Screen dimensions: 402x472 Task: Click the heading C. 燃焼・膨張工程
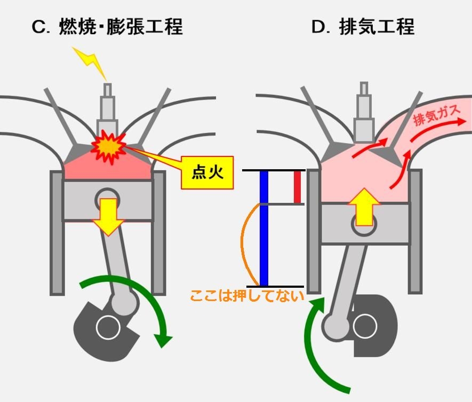107,27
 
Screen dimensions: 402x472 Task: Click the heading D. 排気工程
363,27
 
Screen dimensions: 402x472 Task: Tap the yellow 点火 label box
207,172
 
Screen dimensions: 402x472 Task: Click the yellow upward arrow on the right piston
364,206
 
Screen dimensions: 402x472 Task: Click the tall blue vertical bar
263,228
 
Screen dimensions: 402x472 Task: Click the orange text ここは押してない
246,295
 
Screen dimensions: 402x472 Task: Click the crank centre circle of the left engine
107,327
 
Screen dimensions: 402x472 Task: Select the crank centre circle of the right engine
365,326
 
